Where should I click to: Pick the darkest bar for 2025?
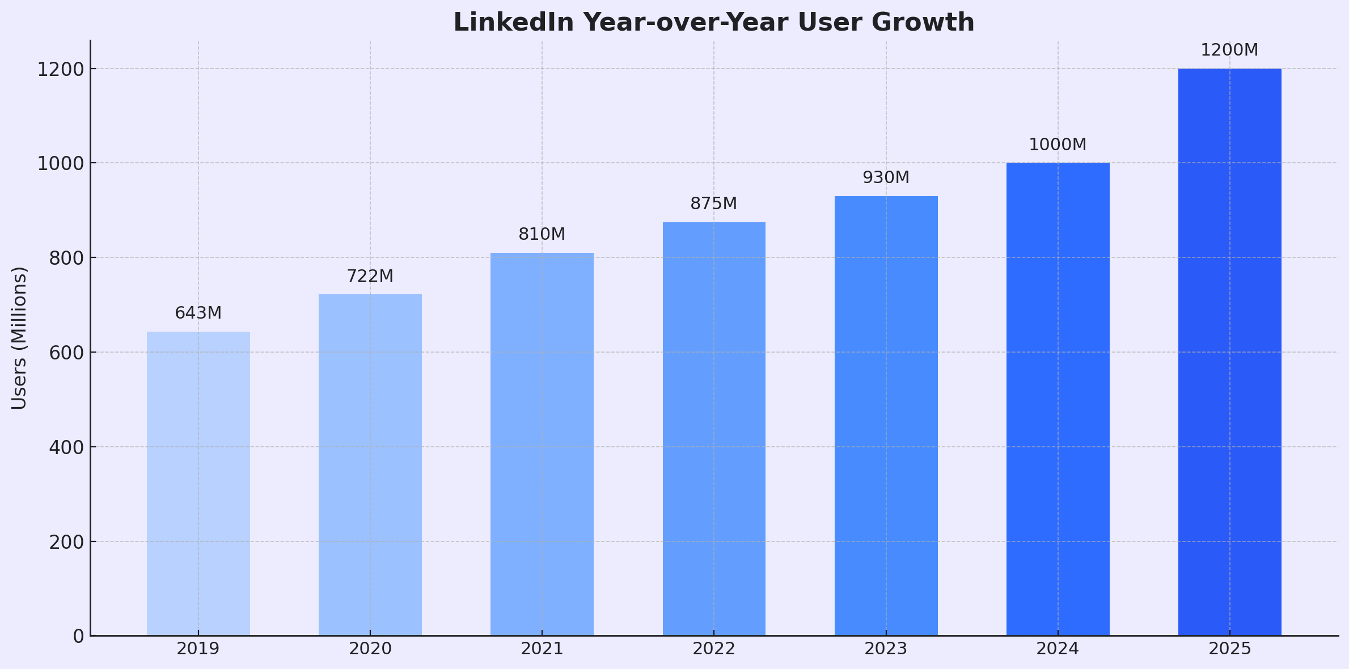click(x=1229, y=352)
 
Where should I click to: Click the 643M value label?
click(x=198, y=313)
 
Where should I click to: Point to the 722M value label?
click(x=370, y=276)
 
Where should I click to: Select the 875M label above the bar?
click(x=713, y=204)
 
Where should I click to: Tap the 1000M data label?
click(x=1058, y=145)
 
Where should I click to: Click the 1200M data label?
click(x=1229, y=50)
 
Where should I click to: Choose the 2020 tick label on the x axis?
click(x=370, y=649)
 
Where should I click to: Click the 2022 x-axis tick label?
click(x=713, y=649)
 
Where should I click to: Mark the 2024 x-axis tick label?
click(x=1058, y=649)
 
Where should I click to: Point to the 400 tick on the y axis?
click(x=66, y=447)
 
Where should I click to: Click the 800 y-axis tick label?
click(x=66, y=258)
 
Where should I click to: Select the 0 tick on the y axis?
click(x=78, y=636)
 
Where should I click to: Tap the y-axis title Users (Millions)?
click(x=19, y=338)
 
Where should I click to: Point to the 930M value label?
click(x=886, y=177)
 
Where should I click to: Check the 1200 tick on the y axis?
click(x=60, y=69)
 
